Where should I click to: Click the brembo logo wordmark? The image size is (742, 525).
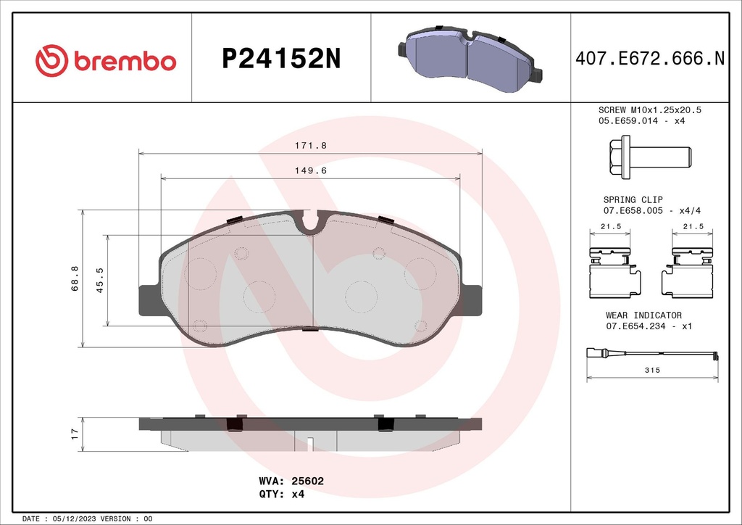pos(107,59)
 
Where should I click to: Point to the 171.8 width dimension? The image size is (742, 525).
pos(310,145)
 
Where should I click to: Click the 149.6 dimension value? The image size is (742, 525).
pos(310,171)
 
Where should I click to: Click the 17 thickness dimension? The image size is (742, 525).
pos(74,434)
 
